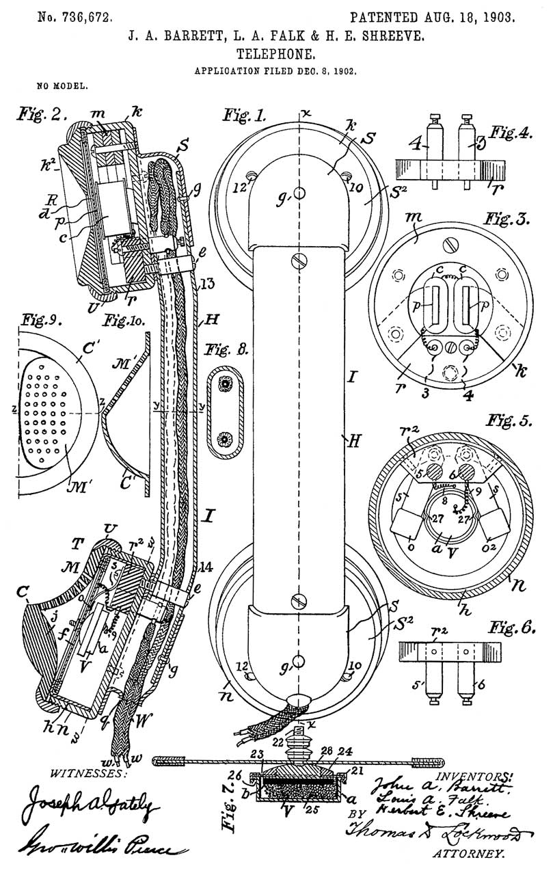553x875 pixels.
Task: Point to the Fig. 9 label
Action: pos(37,319)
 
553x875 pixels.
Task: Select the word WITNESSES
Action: pos(85,772)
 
